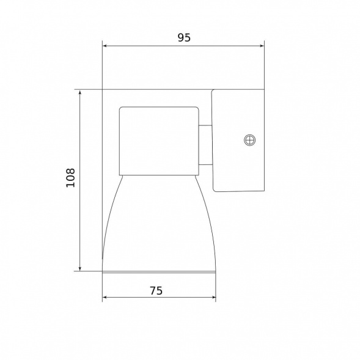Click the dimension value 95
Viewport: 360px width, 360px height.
[x=184, y=37]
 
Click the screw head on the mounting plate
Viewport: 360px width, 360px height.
[x=249, y=141]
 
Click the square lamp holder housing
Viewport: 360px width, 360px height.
[x=159, y=139]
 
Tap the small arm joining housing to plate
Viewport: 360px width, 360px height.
[x=206, y=145]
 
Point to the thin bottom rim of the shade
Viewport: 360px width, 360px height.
[x=159, y=270]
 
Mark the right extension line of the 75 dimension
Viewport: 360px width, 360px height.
[x=215, y=287]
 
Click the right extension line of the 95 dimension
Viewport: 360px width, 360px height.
[x=263, y=67]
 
